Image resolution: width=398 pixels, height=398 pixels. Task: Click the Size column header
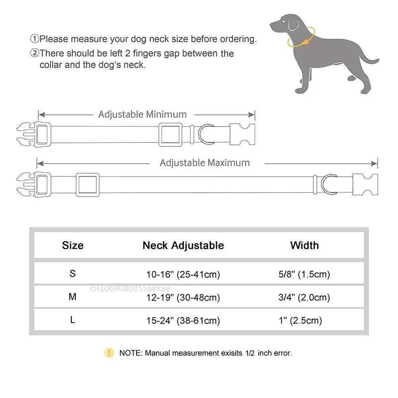(73, 245)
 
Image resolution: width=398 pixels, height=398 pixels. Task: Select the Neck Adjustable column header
(183, 245)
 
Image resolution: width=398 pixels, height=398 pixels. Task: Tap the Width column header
(304, 245)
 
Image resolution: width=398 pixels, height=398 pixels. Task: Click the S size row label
(72, 274)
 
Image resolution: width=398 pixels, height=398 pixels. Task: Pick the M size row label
(72, 297)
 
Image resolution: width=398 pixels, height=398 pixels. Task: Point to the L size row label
(72, 320)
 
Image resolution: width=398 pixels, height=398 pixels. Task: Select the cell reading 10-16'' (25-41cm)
(183, 274)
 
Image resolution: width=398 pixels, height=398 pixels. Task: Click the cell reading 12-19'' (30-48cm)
(183, 297)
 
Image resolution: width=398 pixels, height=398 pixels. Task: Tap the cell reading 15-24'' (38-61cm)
(183, 320)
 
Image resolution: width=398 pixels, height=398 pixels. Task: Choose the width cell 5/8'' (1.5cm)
(304, 274)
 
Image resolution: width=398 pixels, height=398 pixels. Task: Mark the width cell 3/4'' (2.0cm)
(304, 297)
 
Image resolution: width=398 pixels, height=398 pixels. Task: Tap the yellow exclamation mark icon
(109, 353)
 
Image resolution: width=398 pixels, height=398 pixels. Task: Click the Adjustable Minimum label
(142, 115)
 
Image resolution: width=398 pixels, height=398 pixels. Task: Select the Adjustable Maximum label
(205, 163)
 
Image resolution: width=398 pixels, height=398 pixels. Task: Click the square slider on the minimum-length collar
(170, 134)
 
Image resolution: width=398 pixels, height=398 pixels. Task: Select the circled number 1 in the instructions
(35, 39)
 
